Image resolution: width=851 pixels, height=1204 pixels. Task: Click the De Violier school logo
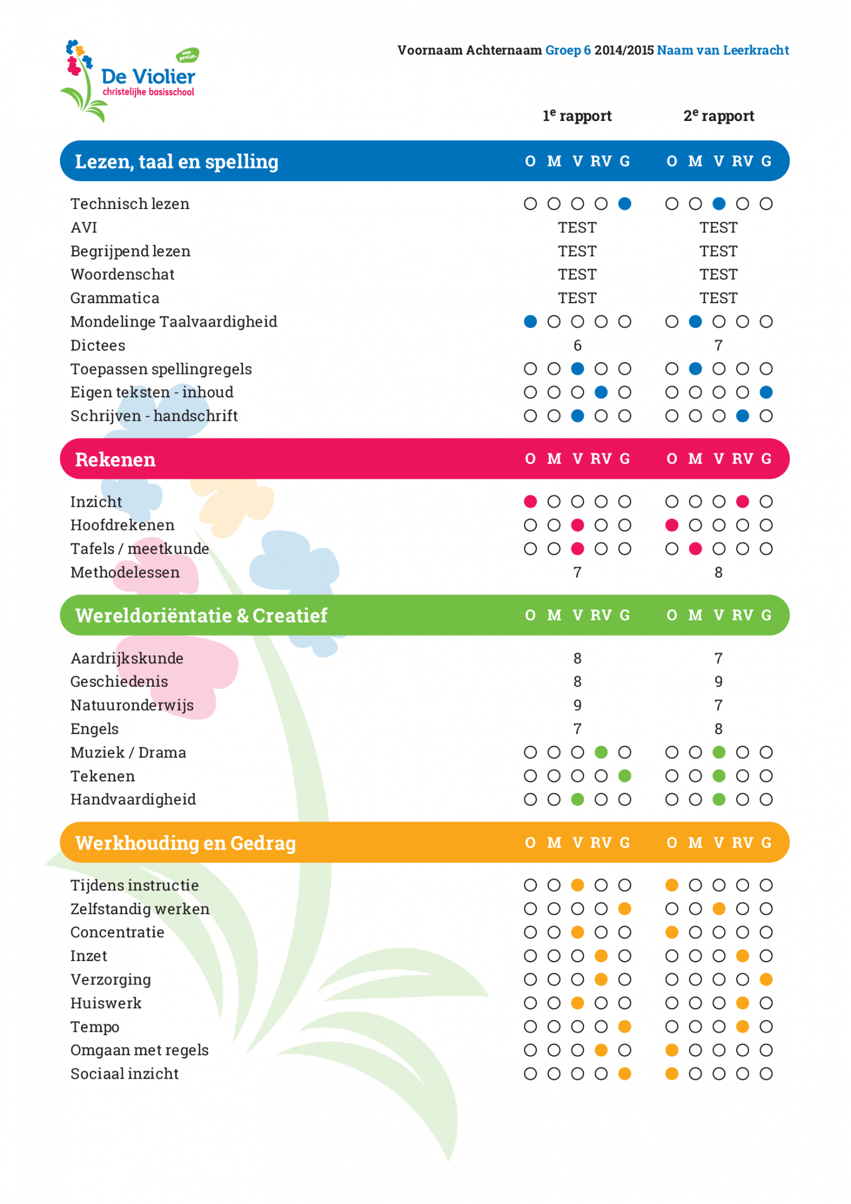pos(129,81)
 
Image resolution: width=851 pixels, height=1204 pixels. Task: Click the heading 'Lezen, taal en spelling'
pos(176,162)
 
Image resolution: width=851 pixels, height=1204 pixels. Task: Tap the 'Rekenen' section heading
pos(115,459)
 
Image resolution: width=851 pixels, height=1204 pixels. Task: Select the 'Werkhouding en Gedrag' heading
pos(185,843)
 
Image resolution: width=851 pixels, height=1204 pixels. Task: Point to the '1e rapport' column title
pos(577,116)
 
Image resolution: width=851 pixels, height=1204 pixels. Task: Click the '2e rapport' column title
pos(719,116)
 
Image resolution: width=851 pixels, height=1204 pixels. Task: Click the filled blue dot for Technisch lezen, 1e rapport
pos(625,204)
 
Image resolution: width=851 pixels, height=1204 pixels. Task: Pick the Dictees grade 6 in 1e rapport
pos(577,346)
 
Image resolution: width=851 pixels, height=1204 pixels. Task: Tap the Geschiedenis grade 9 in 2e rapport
pos(719,682)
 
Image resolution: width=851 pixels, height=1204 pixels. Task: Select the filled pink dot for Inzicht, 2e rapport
pos(742,502)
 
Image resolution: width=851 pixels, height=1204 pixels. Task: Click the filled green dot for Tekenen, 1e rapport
pos(625,776)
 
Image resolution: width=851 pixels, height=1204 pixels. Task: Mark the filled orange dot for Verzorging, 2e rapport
pos(766,979)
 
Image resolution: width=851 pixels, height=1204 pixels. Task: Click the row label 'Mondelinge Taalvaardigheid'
pos(173,322)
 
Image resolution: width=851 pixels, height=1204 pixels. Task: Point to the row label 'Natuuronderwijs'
pos(132,705)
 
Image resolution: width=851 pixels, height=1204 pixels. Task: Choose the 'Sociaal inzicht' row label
pos(124,1074)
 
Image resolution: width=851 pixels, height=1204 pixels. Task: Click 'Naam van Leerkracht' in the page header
pos(723,50)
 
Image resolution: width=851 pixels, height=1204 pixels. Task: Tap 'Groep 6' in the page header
pos(568,50)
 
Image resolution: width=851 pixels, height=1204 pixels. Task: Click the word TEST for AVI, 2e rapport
pos(719,227)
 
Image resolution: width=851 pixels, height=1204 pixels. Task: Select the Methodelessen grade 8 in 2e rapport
pos(719,572)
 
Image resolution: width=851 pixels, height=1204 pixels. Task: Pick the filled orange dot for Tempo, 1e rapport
pos(625,1027)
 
